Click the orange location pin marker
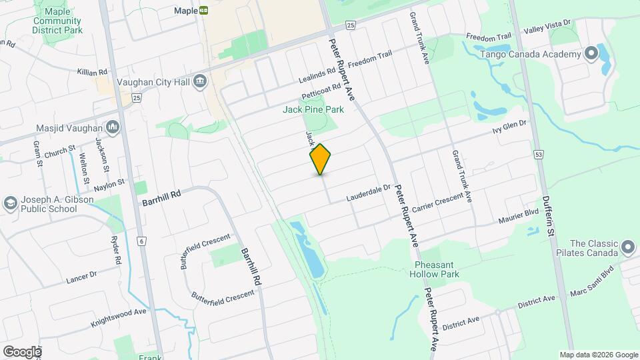[x=321, y=159]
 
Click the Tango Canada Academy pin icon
[x=591, y=54]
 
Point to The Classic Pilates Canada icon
[x=627, y=248]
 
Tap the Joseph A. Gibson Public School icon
[x=11, y=202]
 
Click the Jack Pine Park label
[x=313, y=109]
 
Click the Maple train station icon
[x=203, y=11]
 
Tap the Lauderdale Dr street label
[x=368, y=193]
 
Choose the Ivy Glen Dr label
[x=509, y=125]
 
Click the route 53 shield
[x=538, y=155]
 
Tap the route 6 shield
[x=141, y=240]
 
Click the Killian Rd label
[x=93, y=71]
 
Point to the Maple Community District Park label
[x=57, y=21]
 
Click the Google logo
[x=22, y=351]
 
